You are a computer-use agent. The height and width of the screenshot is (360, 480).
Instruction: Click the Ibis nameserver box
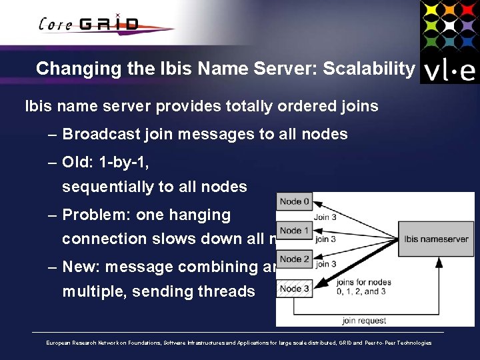(436, 239)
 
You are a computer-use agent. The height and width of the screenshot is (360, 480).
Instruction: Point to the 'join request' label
(364, 321)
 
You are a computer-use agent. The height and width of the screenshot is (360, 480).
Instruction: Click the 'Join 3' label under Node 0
(325, 216)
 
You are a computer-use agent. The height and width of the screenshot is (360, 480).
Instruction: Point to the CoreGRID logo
(90, 24)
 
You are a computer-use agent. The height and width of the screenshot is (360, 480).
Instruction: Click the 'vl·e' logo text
(449, 69)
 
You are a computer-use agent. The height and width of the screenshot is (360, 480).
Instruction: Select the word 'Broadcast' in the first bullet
(99, 134)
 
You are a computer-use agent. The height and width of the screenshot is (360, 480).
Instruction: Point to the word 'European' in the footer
(59, 343)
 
